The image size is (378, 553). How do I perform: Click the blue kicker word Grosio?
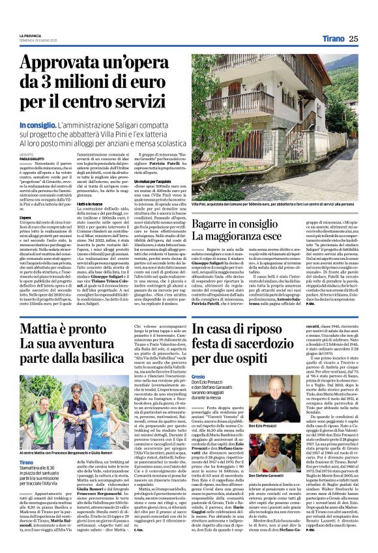199,378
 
